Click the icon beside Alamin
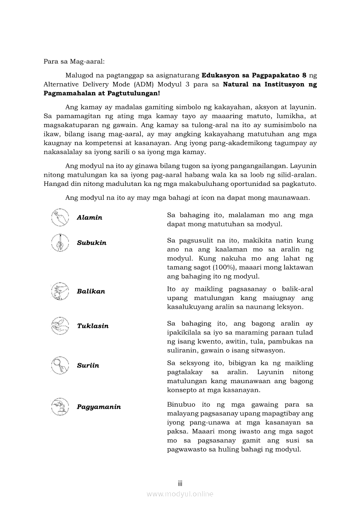point(60,217)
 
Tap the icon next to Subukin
point(60,243)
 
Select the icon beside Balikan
point(60,291)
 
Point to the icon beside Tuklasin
point(60,326)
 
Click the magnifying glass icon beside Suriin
point(60,365)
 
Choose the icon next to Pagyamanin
point(60,406)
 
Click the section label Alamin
point(89,218)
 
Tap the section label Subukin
point(92,243)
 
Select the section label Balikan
point(91,291)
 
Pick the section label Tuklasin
point(92,326)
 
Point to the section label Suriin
point(88,366)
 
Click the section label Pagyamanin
point(98,407)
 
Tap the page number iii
point(180,484)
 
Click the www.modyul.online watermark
point(180,494)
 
